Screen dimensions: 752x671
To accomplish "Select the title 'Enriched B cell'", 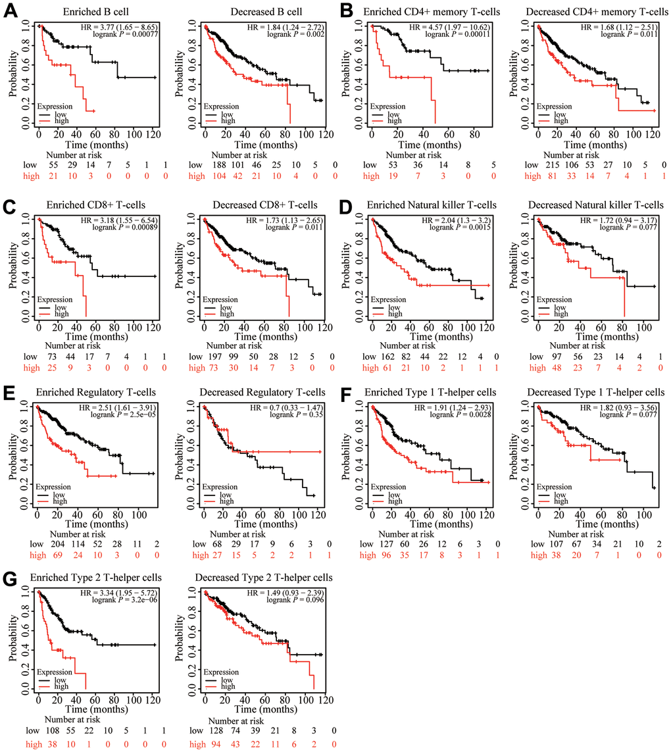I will [x=97, y=13].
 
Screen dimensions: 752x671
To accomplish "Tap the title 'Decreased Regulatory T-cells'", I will [x=266, y=393].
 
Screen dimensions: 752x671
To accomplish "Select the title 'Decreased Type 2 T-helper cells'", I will [x=266, y=577].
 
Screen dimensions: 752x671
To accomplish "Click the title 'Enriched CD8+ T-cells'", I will [x=97, y=207].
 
